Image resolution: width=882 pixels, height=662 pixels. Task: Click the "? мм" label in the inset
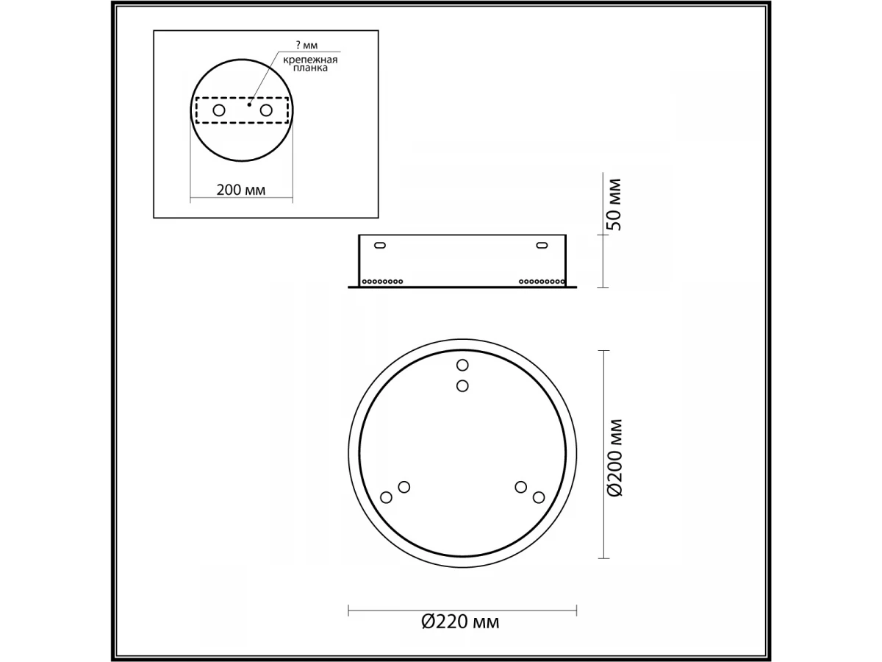tap(306, 45)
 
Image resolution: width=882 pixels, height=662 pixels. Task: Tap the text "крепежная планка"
tap(310, 64)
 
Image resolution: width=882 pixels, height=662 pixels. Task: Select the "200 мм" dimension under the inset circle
tap(240, 190)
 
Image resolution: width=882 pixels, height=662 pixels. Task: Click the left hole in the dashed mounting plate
tap(219, 110)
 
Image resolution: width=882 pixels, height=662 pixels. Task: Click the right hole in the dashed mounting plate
tap(266, 110)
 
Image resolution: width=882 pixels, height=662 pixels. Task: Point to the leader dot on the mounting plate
tap(249, 104)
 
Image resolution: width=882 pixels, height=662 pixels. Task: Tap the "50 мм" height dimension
tap(614, 204)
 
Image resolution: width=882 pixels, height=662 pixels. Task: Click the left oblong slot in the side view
tap(380, 245)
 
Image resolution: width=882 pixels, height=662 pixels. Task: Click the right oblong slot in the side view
tap(542, 245)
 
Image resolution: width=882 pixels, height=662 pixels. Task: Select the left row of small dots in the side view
tap(382, 282)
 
